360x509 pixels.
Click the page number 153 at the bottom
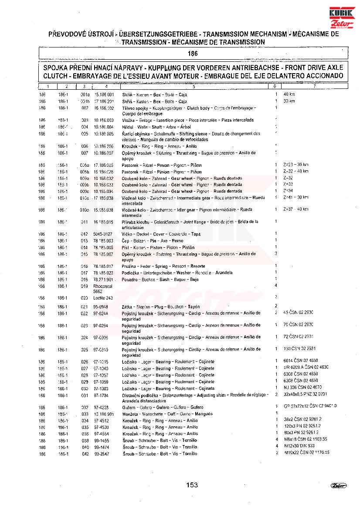192,485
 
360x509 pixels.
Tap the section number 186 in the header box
193,54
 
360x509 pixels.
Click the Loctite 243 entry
103,298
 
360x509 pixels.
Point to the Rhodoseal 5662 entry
100,289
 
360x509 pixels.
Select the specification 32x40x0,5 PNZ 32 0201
305,394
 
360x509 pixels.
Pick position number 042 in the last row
85,454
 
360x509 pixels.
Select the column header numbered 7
314,87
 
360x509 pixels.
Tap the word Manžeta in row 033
129,414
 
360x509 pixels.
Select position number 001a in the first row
85,94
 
